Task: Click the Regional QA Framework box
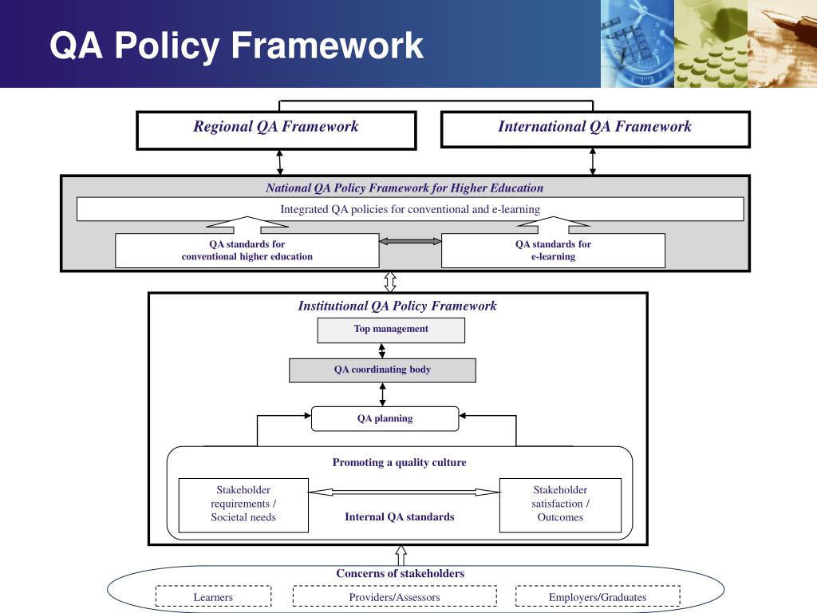(276, 130)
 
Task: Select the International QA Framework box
(595, 129)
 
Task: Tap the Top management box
(391, 330)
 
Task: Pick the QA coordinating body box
(382, 370)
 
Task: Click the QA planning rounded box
(385, 418)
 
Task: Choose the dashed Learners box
(213, 596)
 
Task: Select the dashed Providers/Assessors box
(394, 596)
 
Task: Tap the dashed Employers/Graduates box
(598, 596)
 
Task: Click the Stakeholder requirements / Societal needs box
(243, 505)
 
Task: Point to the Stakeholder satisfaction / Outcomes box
(560, 505)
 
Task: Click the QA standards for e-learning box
(553, 251)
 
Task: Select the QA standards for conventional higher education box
(247, 251)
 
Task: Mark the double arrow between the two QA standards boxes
(410, 241)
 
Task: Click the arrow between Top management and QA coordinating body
(382, 350)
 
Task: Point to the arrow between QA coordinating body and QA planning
(382, 394)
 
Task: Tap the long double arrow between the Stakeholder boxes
(404, 492)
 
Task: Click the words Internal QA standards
(400, 516)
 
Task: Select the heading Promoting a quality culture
(399, 462)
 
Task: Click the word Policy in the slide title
(167, 45)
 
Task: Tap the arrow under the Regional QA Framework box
(280, 163)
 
